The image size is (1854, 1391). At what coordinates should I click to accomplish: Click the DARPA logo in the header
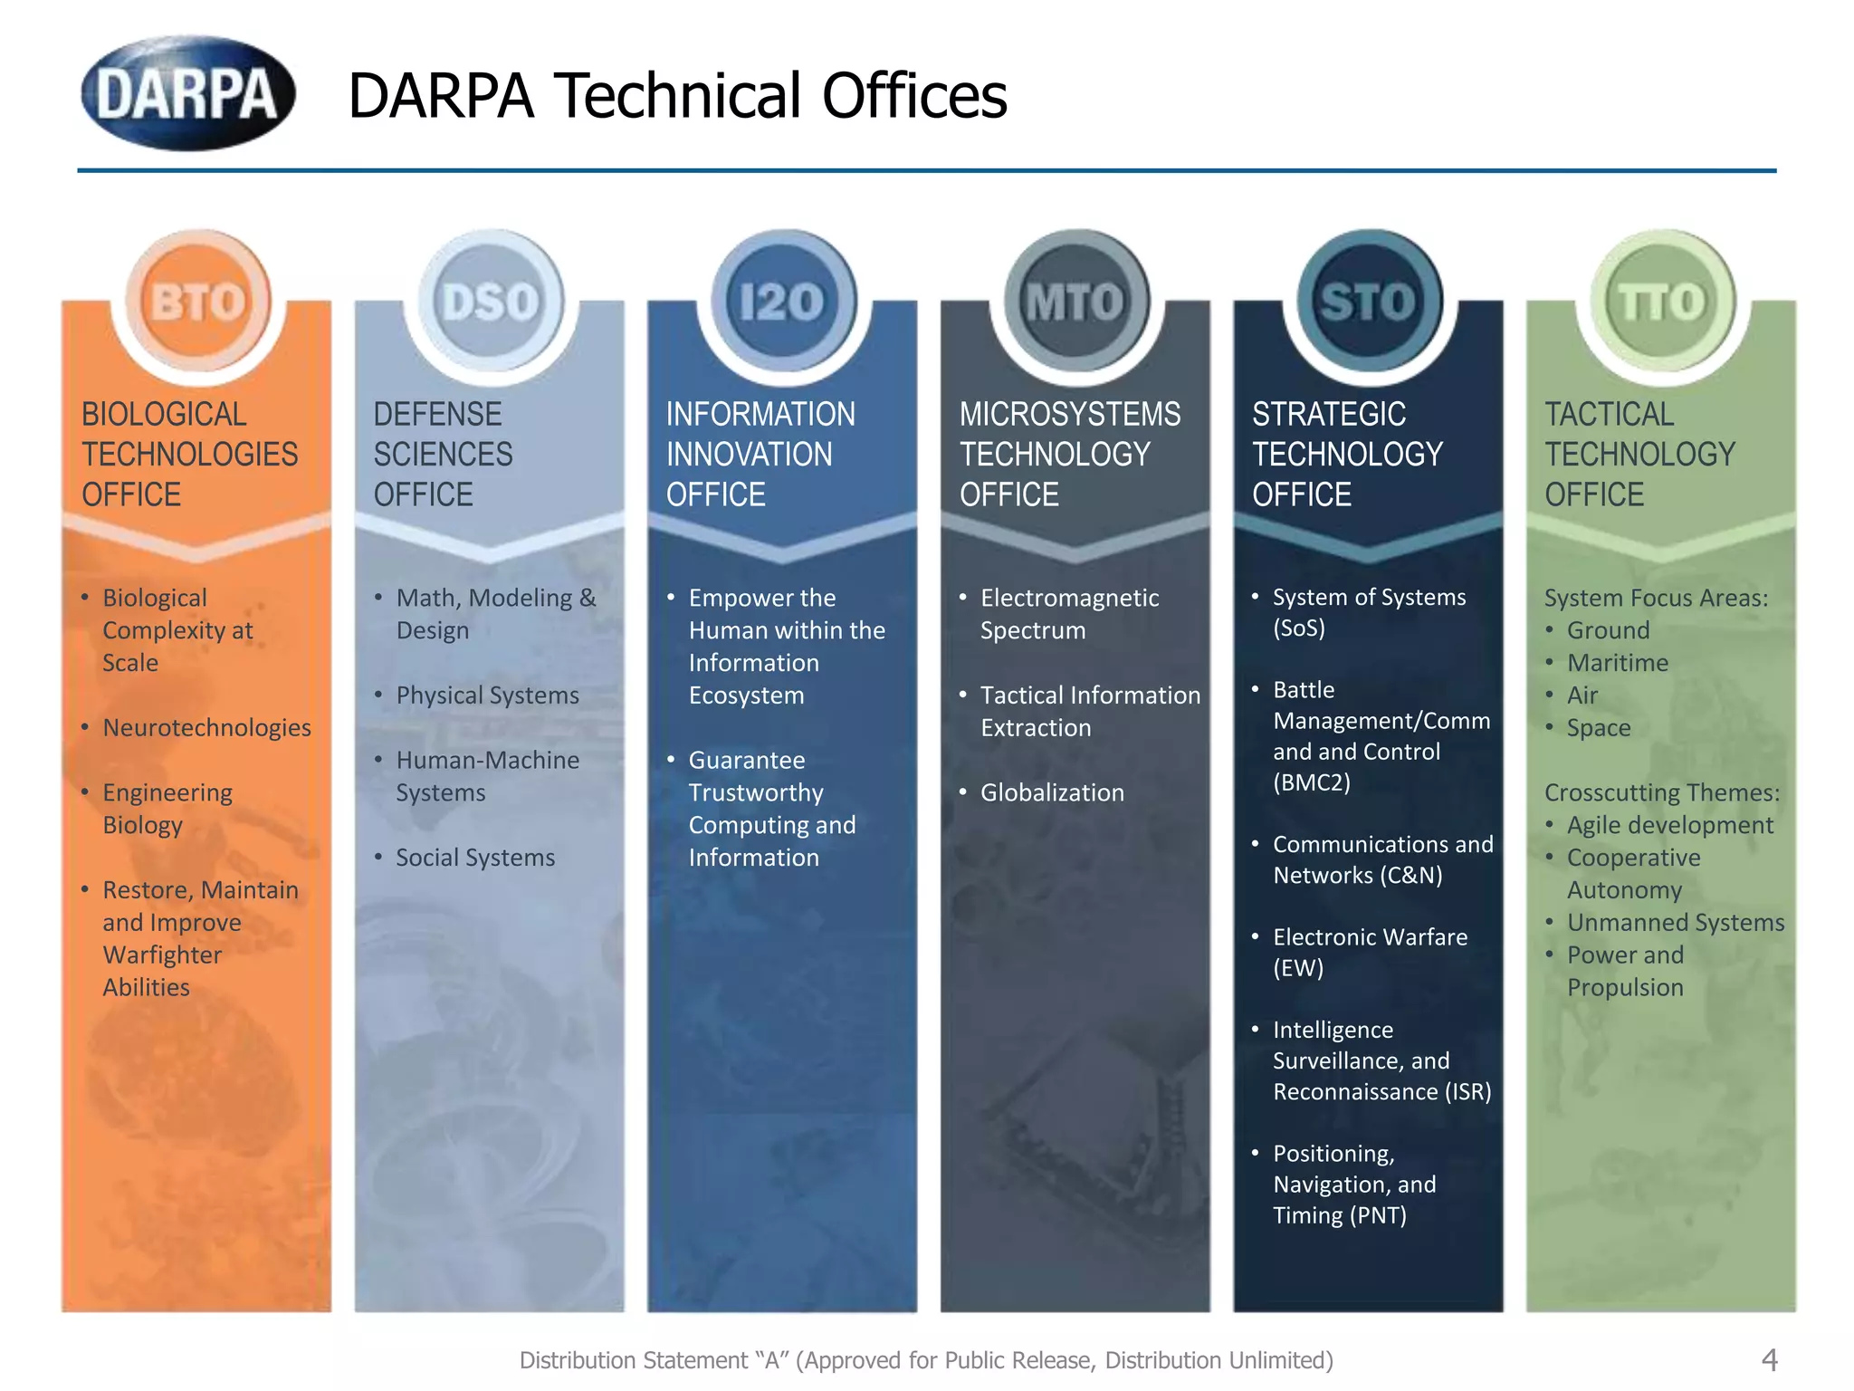[187, 93]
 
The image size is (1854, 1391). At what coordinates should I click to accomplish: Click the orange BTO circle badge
[198, 302]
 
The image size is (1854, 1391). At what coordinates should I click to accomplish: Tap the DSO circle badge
[491, 302]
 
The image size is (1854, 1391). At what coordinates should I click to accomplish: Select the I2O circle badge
[783, 302]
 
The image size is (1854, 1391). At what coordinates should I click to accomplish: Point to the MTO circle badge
[1075, 302]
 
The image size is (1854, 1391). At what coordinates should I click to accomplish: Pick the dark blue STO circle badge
[1368, 302]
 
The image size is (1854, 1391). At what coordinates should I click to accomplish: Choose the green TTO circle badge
[1661, 302]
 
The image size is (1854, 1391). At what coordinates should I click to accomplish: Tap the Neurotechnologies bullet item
[206, 727]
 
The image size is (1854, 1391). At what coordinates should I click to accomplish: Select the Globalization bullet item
[1052, 792]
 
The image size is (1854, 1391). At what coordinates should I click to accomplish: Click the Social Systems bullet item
[475, 858]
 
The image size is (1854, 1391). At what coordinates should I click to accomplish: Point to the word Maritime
[1618, 663]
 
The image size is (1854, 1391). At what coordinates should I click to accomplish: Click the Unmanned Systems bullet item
[1676, 923]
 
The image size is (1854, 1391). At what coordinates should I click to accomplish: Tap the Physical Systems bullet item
[487, 695]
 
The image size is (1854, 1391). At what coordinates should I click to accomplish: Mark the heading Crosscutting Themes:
[1662, 792]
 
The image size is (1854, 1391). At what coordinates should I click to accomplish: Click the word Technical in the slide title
[678, 96]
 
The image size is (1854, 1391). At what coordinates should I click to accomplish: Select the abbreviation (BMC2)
[1312, 782]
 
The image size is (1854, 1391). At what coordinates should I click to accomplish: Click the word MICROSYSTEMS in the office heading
[1070, 414]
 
